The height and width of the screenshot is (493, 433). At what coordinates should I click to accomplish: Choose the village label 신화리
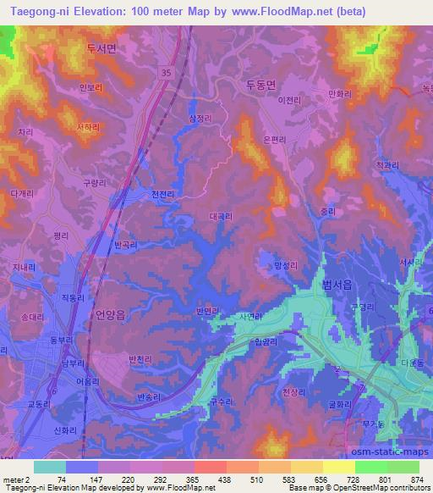tap(66, 430)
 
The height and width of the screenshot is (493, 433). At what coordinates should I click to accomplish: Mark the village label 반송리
tap(147, 394)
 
